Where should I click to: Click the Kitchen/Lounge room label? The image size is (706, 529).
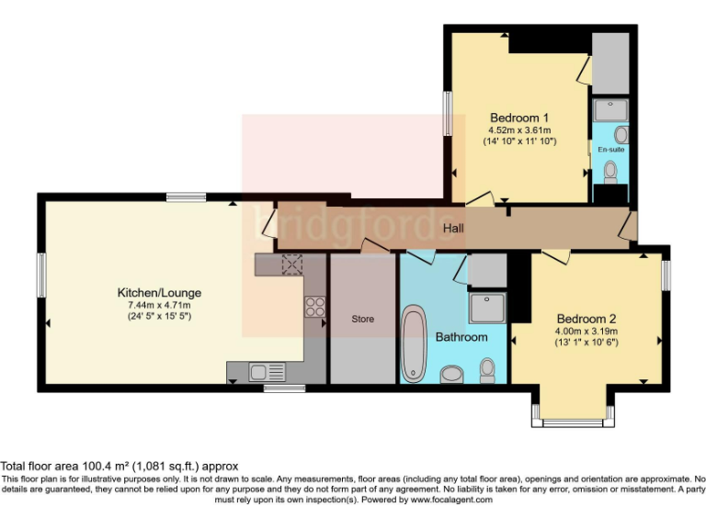pyautogui.click(x=165, y=293)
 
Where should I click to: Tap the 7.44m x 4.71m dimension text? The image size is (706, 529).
pyautogui.click(x=165, y=305)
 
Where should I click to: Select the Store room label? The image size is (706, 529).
pyautogui.click(x=362, y=320)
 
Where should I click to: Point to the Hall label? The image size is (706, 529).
pyautogui.click(x=454, y=228)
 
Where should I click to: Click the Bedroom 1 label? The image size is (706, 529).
pyautogui.click(x=519, y=118)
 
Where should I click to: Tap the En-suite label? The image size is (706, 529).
pyautogui.click(x=609, y=149)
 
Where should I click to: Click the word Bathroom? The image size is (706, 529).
pyautogui.click(x=461, y=337)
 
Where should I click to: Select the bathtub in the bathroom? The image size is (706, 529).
pyautogui.click(x=415, y=343)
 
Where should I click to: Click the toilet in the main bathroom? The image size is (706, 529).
pyautogui.click(x=487, y=369)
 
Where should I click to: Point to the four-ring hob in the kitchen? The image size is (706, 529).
pyautogui.click(x=314, y=307)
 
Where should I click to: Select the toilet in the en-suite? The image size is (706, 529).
pyautogui.click(x=609, y=171)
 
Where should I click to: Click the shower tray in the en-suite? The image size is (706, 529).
pyautogui.click(x=610, y=110)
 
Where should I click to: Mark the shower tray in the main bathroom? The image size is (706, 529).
pyautogui.click(x=488, y=308)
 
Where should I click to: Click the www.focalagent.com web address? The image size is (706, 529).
pyautogui.click(x=451, y=501)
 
